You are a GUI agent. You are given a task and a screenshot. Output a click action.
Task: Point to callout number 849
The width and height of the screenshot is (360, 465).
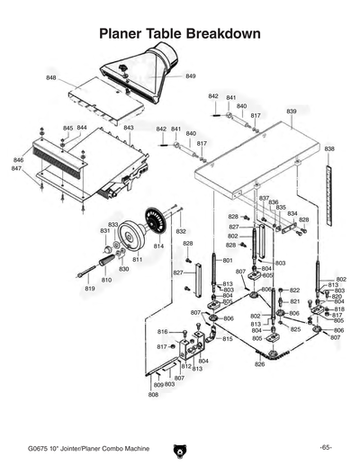pos(191,76)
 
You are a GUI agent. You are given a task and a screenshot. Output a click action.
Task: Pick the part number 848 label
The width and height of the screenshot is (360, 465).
pos(51,78)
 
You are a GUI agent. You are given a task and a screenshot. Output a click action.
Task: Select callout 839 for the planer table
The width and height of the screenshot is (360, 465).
pos(292,111)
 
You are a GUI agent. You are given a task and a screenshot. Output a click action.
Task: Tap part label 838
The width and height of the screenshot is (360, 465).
pos(329,148)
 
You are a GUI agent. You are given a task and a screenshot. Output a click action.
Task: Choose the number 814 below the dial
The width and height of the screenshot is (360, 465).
pos(158,246)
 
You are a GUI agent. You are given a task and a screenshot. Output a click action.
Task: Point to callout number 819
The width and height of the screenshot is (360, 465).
pos(90,289)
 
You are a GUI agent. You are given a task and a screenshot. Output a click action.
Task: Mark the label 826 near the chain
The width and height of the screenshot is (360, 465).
pos(259,364)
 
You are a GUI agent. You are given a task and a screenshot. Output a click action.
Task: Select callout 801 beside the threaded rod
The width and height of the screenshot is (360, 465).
pos(202,260)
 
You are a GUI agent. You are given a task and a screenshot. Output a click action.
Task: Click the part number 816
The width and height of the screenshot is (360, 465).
pos(163,332)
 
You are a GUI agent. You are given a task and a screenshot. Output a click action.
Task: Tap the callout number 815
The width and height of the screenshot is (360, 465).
pos(228,339)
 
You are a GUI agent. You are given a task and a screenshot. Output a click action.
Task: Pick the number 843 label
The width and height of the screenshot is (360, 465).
pos(129,128)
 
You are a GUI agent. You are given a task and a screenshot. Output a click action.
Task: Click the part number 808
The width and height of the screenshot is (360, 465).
pos(153,395)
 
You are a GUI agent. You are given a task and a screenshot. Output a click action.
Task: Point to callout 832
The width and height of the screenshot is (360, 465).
pos(181,231)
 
